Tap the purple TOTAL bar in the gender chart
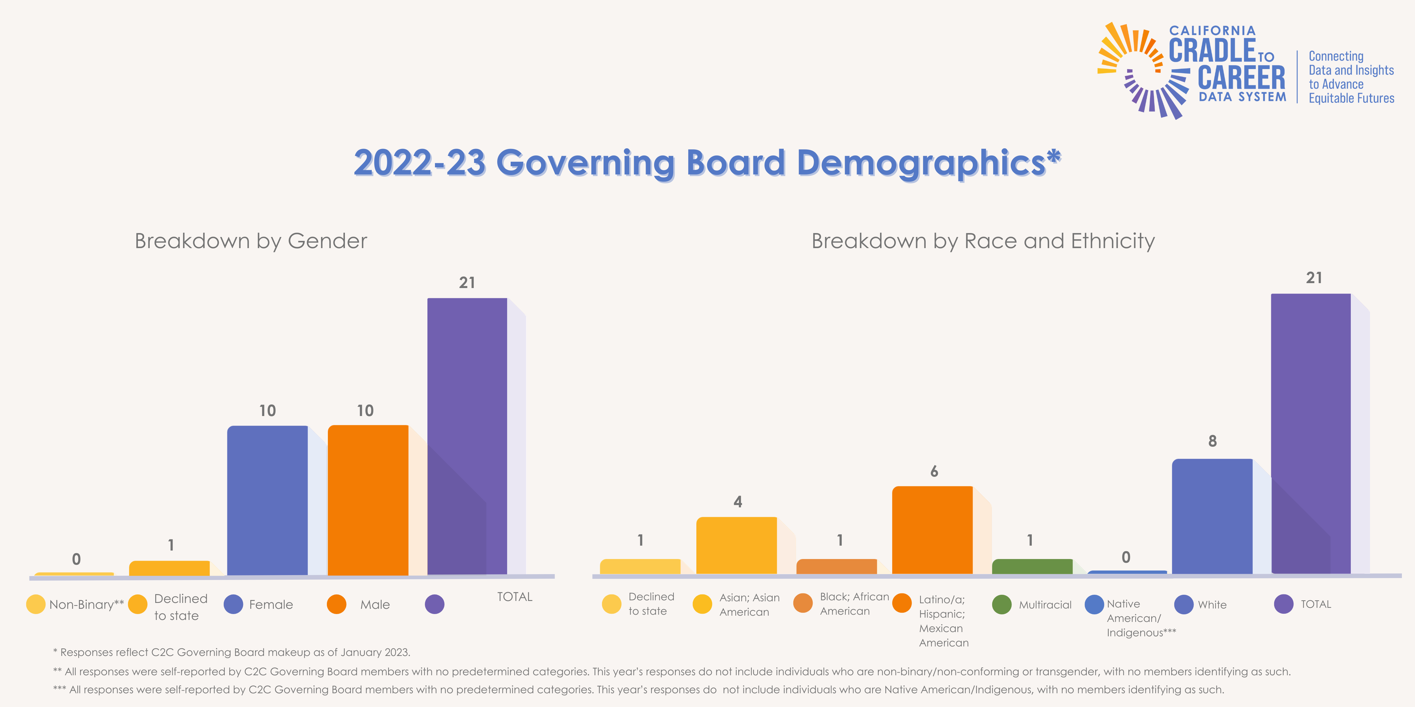click(467, 436)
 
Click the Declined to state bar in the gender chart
click(169, 568)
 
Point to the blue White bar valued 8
click(1212, 516)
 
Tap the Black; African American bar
click(836, 567)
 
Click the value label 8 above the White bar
click(1212, 441)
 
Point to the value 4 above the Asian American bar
click(738, 501)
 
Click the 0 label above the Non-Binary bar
click(76, 559)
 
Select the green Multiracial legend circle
click(1001, 604)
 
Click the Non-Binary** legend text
click(86, 604)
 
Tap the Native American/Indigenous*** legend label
click(1141, 618)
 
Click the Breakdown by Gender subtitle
click(251, 241)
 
